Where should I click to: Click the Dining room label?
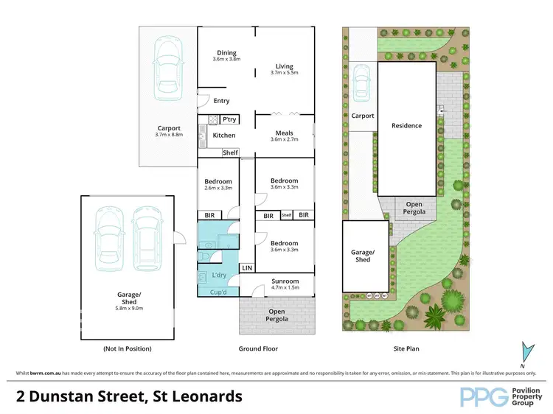pyautogui.click(x=226, y=52)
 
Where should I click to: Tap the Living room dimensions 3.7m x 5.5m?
pyautogui.click(x=284, y=73)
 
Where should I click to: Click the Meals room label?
pyautogui.click(x=284, y=133)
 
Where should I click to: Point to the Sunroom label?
pyautogui.click(x=285, y=281)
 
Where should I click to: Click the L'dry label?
pyautogui.click(x=219, y=275)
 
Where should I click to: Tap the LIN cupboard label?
pyautogui.click(x=248, y=267)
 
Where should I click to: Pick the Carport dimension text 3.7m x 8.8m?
pyautogui.click(x=168, y=135)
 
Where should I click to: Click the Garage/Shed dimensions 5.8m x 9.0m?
pyautogui.click(x=128, y=308)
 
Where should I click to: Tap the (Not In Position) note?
pyautogui.click(x=128, y=348)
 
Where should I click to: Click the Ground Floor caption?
pyautogui.click(x=257, y=348)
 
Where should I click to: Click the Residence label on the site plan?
pyautogui.click(x=406, y=125)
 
